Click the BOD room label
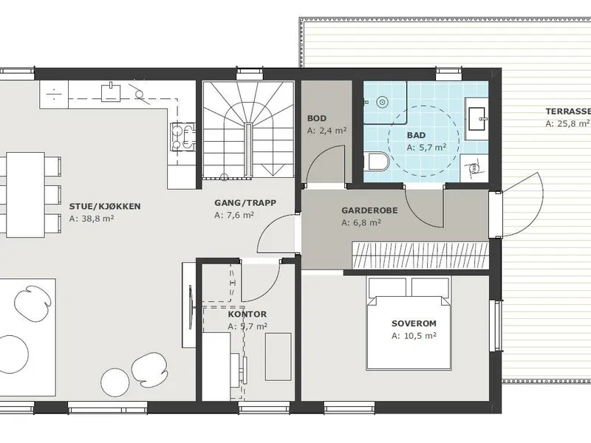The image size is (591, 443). coord(317,118)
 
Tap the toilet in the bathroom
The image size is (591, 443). coord(377,161)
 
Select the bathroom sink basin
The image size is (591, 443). coord(477,119)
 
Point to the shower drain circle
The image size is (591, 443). coord(383,101)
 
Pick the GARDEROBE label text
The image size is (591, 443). coord(369,210)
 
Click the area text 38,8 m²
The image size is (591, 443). coord(92,219)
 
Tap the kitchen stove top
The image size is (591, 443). coord(183,137)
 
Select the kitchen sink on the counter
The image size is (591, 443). coord(111,92)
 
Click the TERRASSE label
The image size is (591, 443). coord(568,111)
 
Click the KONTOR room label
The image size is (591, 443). coord(247,315)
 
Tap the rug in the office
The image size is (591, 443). coord(279,357)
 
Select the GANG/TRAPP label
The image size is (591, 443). coord(245,202)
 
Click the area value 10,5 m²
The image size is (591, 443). coord(414,336)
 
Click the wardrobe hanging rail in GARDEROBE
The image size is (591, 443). coord(420,255)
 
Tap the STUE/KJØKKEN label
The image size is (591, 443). coord(105,206)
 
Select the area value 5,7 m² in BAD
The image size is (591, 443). coord(426,147)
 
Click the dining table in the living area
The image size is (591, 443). coord(26,194)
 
